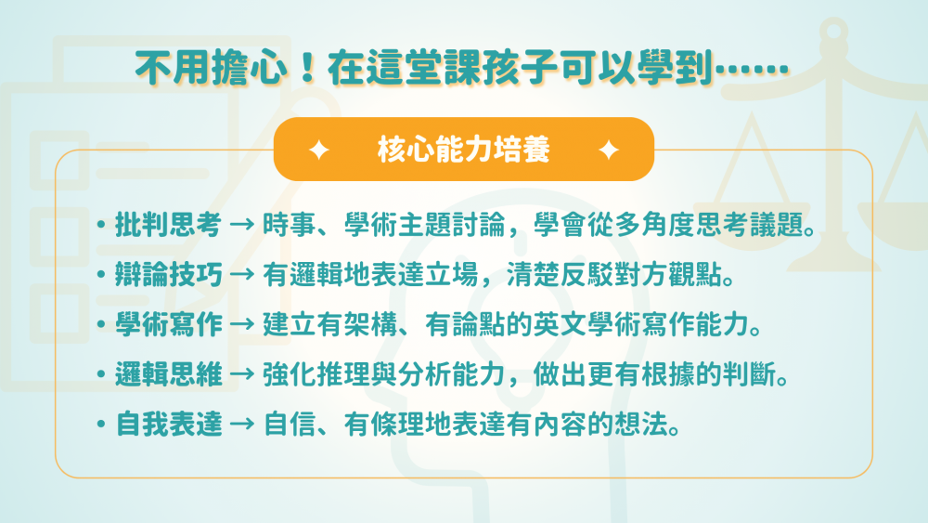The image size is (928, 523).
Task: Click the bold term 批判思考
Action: (169, 225)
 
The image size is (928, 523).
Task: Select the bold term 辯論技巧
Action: (169, 275)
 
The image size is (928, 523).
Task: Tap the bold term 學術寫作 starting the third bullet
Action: (169, 325)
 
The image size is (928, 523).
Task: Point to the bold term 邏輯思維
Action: (169, 375)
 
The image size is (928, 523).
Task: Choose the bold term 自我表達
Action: (169, 425)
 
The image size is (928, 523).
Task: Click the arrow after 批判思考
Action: (242, 225)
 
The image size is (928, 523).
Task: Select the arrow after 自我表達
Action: (242, 425)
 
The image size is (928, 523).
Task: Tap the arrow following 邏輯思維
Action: (242, 375)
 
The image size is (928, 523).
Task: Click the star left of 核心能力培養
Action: (319, 150)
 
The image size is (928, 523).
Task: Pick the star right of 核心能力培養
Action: (609, 150)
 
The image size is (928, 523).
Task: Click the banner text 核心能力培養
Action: (464, 150)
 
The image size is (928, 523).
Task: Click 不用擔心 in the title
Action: (211, 67)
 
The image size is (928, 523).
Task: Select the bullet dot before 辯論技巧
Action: (102, 275)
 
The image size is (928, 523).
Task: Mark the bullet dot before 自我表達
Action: (102, 425)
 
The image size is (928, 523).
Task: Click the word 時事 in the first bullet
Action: (289, 225)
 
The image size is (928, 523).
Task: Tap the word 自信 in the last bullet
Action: (289, 425)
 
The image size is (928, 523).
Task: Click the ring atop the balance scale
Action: (834, 30)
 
